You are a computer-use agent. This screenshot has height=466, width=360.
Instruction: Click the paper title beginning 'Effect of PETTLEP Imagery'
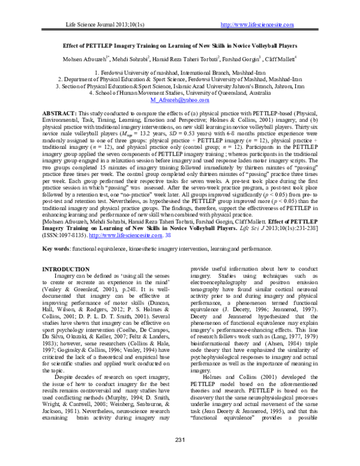(180, 45)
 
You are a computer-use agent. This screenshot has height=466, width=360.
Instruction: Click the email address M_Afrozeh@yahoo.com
(180, 101)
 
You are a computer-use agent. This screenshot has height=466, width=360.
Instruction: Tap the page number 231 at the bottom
(179, 458)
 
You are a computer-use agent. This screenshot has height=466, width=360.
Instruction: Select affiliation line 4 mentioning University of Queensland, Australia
(180, 94)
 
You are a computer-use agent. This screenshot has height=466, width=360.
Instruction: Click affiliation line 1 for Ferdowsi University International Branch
(180, 72)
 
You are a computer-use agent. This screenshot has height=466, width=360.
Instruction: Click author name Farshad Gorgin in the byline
(239, 59)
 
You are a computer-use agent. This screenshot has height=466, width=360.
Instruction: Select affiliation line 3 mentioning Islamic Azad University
(180, 86)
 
